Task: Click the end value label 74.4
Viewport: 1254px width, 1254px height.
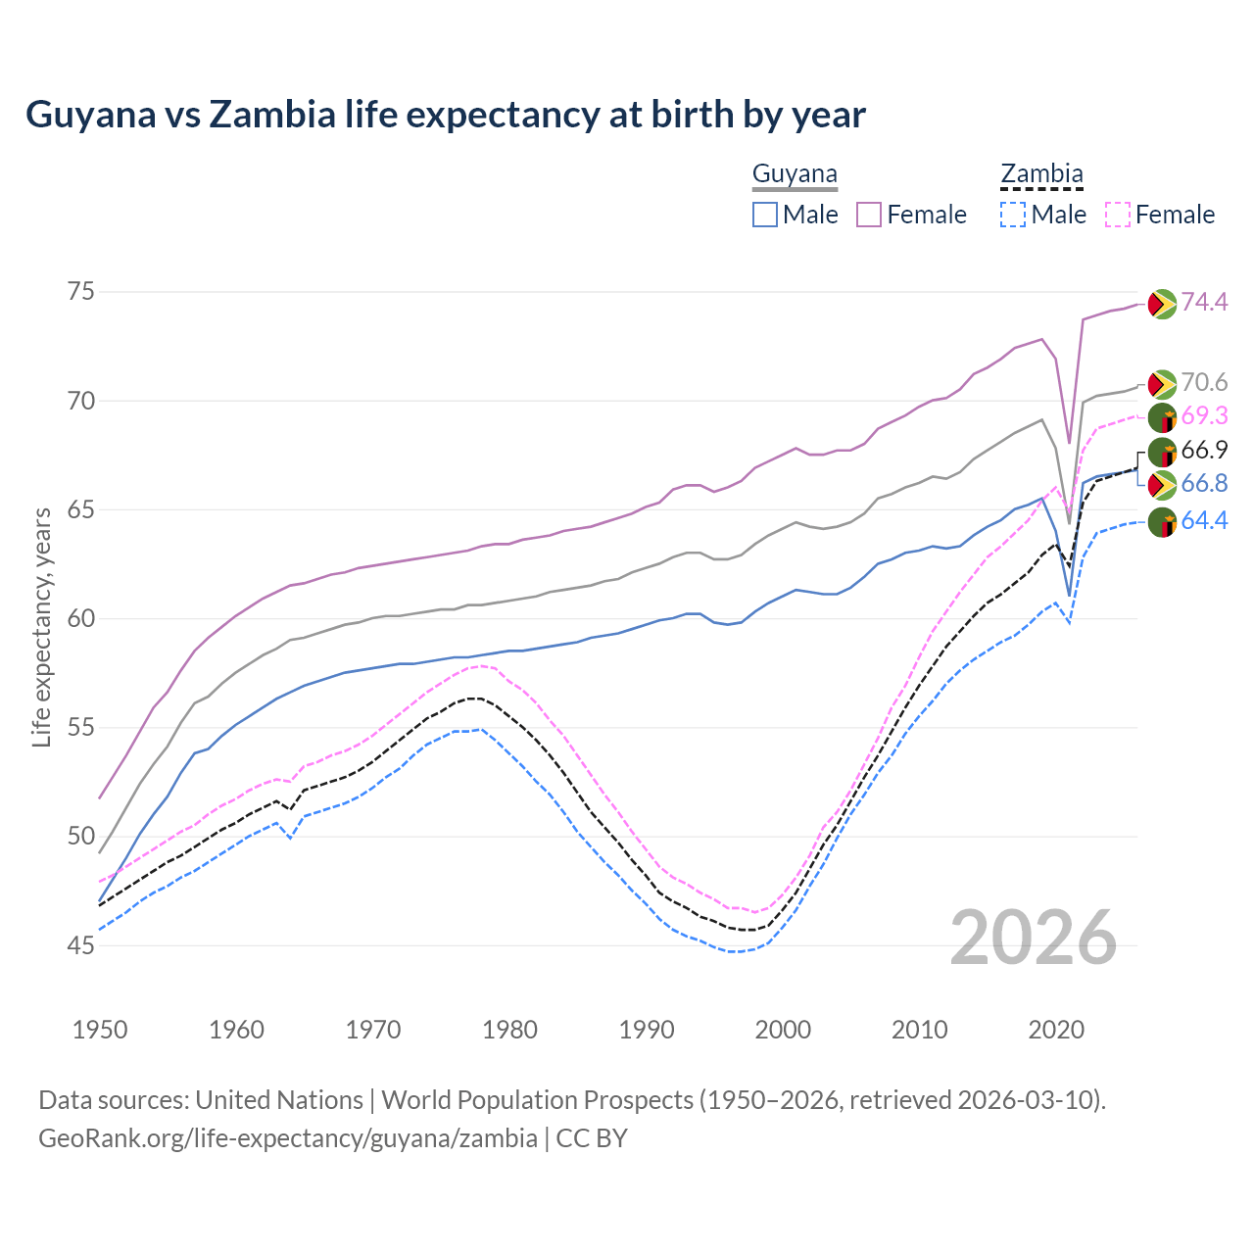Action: [x=1204, y=302]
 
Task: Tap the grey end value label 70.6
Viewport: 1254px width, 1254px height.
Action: [x=1204, y=382]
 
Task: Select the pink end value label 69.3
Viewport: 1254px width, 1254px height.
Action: [x=1204, y=415]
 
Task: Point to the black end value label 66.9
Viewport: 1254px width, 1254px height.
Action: [x=1204, y=450]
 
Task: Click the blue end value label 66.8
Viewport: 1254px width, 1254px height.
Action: [x=1204, y=483]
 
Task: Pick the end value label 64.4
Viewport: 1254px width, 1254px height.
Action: [x=1204, y=520]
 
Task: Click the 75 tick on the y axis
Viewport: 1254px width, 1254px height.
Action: [x=81, y=291]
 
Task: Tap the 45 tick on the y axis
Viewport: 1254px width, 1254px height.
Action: [x=81, y=945]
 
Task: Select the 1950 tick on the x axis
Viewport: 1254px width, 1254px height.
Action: [x=100, y=1030]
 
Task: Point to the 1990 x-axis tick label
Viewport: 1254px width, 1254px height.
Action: [x=647, y=1030]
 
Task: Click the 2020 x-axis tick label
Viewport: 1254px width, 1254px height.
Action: [x=1056, y=1030]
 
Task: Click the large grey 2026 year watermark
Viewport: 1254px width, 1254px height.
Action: [x=1034, y=938]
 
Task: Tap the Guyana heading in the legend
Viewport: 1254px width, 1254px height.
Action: [x=795, y=174]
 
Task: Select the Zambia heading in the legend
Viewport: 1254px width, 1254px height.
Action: [x=1041, y=174]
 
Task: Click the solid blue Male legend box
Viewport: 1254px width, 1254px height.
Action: [x=765, y=215]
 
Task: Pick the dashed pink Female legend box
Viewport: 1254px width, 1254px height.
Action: [x=1118, y=215]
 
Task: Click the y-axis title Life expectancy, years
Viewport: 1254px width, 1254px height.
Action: [x=41, y=627]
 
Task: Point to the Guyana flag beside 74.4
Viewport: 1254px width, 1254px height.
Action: [x=1162, y=304]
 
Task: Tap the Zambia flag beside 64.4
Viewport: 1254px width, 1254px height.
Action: [x=1162, y=522]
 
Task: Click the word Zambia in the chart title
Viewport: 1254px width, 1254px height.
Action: [x=270, y=115]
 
